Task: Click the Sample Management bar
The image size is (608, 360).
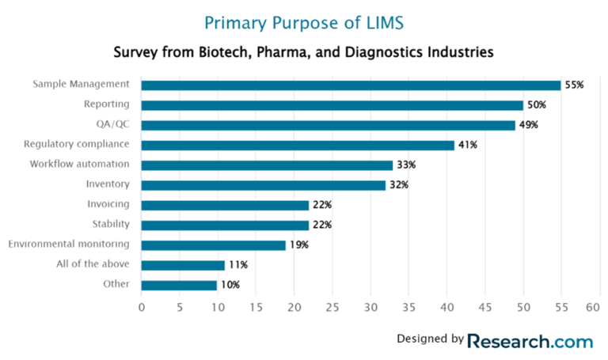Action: point(351,85)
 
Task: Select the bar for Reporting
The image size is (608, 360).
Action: point(332,104)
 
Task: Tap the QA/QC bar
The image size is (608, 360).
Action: point(328,125)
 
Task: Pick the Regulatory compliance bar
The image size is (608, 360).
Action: point(298,145)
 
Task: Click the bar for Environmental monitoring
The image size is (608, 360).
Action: point(213,244)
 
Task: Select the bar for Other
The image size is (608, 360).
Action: point(179,285)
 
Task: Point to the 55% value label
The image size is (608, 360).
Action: point(574,85)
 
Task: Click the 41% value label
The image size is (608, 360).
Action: point(467,145)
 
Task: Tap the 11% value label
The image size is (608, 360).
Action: point(237,265)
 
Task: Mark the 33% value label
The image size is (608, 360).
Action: point(405,165)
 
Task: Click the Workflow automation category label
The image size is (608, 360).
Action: point(80,165)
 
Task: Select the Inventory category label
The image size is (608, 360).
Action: point(108,184)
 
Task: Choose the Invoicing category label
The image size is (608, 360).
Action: point(108,205)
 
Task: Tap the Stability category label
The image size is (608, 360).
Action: point(111,225)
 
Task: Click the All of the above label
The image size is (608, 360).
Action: point(93,265)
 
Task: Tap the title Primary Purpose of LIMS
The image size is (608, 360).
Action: point(304,21)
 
